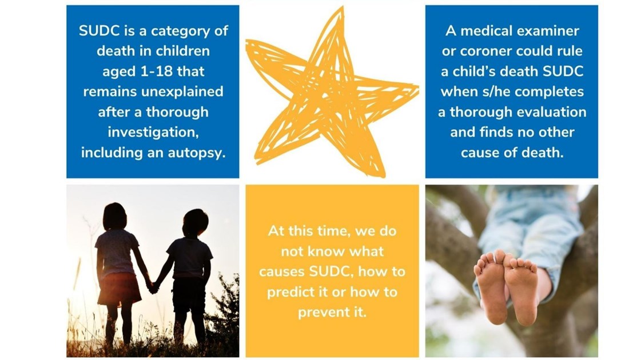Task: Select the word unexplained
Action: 185,91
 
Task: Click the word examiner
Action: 549,31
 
